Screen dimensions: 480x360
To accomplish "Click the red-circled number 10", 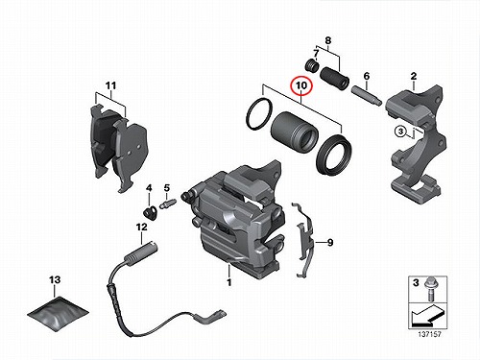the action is click(301, 85).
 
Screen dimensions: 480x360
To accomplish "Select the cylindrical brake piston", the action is click(295, 131).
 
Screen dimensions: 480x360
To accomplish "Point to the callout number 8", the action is click(328, 41).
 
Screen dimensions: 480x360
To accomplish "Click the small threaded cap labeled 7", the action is click(311, 65).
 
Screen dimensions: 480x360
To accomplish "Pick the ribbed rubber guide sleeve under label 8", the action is click(335, 78).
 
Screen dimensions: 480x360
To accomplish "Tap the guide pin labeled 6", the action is click(367, 95).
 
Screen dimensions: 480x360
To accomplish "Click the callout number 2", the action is click(414, 76).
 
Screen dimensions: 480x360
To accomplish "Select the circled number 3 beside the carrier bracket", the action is click(400, 132).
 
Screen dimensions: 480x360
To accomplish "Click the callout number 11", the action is click(110, 85).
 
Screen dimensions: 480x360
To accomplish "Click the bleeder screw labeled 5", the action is click(169, 204).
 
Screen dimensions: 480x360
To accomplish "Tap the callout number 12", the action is click(142, 227).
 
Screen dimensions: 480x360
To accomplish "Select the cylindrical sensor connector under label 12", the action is click(141, 252).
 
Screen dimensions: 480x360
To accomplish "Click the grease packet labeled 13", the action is click(58, 315).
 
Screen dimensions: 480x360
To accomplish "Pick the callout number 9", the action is click(330, 243).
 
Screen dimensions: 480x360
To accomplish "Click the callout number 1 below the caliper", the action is click(229, 282).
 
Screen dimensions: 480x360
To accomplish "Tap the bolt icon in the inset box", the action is click(429, 290).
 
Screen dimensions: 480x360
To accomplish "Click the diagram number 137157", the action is click(429, 334).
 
